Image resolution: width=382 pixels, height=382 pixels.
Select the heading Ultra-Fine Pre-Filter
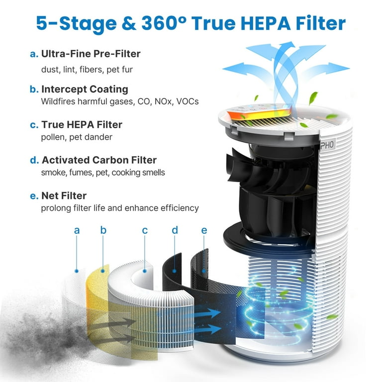[91, 54]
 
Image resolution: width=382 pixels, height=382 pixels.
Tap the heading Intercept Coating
[85, 89]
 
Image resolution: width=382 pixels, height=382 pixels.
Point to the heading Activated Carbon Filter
[99, 160]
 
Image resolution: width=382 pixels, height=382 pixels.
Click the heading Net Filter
[64, 195]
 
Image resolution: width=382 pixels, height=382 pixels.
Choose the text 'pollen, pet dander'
[77, 137]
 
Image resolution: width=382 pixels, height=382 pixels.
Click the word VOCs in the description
[188, 101]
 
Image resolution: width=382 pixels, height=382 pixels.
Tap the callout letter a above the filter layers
[77, 230]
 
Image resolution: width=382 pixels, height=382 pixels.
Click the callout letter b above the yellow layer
[103, 230]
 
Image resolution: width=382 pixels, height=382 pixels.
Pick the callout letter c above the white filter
[145, 230]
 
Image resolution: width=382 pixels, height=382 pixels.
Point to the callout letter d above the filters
[175, 230]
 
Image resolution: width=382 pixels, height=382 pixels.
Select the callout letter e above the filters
[204, 230]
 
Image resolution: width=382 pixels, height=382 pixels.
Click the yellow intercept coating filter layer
[97, 298]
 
